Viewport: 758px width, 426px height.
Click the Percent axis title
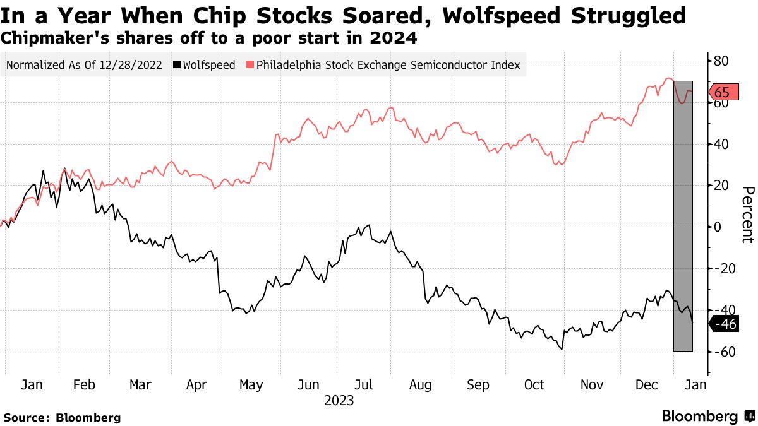(747, 215)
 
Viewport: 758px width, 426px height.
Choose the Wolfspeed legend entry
(208, 64)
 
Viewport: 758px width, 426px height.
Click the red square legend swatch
(250, 64)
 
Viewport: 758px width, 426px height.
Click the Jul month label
(363, 384)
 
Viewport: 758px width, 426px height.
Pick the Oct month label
(534, 384)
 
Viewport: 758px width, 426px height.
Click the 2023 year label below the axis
(339, 401)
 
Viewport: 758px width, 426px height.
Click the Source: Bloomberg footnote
(62, 417)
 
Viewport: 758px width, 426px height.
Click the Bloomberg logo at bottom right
(699, 416)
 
